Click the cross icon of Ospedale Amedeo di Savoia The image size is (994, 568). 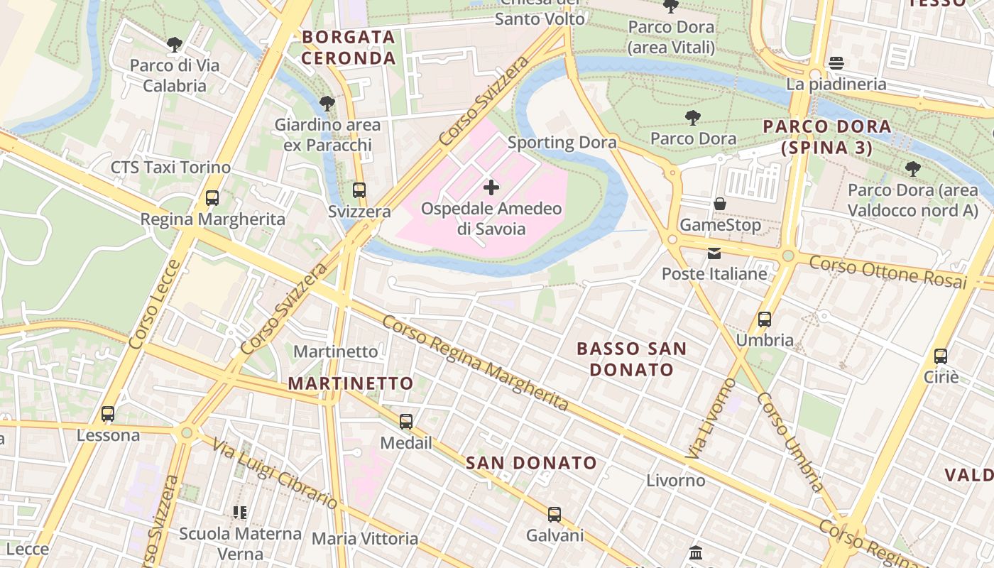coord(491,188)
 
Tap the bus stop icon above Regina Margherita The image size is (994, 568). coord(212,198)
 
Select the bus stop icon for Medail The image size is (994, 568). coord(406,422)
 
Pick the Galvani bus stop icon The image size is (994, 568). coord(555,514)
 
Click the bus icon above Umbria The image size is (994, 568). coord(765,319)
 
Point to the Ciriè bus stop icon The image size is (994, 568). coord(941,356)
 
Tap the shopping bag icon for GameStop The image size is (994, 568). coord(720,204)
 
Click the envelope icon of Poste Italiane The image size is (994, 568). coord(714,253)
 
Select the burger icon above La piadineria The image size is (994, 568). coord(836,63)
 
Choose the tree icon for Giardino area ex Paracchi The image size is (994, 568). coord(327,104)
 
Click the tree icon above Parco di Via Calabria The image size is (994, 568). coord(175,45)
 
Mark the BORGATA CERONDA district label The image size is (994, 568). coord(348,48)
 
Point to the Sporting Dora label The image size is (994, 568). coord(562,142)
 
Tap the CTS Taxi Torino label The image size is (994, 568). coord(170,168)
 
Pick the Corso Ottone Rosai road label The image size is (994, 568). coord(888,273)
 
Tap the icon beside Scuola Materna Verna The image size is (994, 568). coord(240,512)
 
